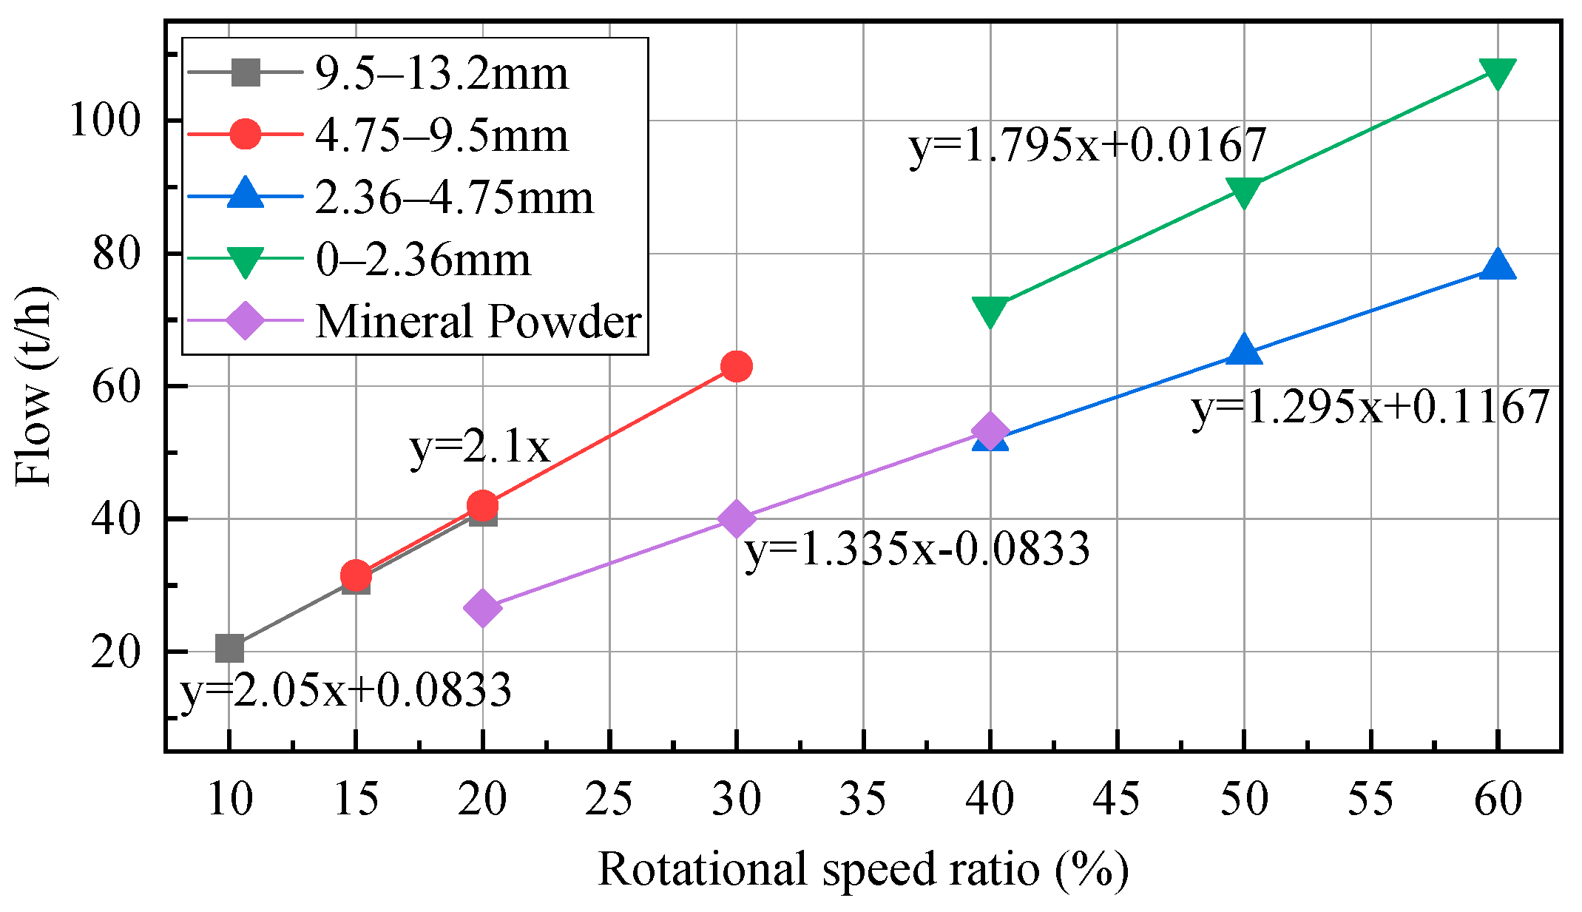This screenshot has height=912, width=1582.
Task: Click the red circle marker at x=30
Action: (x=736, y=366)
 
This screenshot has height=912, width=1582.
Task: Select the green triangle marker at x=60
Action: (x=1498, y=72)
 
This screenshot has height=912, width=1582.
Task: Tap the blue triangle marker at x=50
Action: (x=1244, y=350)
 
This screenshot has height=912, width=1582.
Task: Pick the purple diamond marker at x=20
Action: (x=483, y=607)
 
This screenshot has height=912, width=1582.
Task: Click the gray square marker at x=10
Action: (x=229, y=649)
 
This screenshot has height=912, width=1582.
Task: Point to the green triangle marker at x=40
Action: (x=990, y=311)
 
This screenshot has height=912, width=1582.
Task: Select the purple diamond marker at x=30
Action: (x=736, y=519)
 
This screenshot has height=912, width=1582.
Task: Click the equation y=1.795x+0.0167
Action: (x=1087, y=145)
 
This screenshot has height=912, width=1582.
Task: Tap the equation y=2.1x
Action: (x=480, y=447)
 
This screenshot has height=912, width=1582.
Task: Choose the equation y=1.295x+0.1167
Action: (x=1370, y=407)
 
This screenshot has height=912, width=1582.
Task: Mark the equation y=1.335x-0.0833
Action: (x=917, y=549)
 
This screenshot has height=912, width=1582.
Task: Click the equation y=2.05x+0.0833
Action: (x=346, y=689)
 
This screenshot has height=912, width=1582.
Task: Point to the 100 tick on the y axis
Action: (x=104, y=120)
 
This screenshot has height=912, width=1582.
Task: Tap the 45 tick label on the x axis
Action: (x=1117, y=800)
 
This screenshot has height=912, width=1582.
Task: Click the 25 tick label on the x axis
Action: (x=609, y=800)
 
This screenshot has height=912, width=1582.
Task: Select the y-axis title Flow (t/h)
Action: (x=34, y=385)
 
